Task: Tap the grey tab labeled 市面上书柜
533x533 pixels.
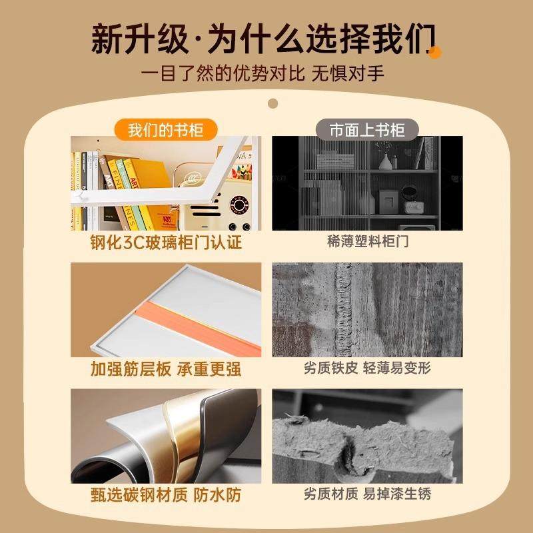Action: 367,129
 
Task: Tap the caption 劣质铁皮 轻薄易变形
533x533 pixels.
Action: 368,368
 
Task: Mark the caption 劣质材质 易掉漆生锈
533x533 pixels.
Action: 368,495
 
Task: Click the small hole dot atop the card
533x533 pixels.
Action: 272,103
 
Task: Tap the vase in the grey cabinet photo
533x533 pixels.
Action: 386,160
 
